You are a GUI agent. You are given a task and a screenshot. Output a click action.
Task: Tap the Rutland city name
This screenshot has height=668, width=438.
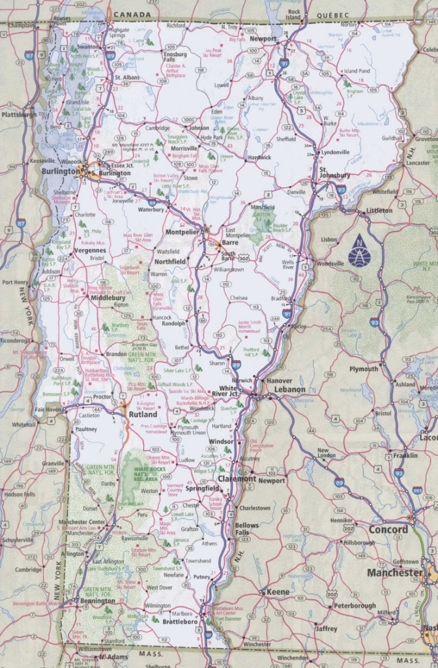click(143, 414)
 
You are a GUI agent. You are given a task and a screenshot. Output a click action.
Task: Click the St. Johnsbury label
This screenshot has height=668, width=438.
click(334, 175)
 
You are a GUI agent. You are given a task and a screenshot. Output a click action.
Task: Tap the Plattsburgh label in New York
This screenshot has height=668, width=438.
click(19, 114)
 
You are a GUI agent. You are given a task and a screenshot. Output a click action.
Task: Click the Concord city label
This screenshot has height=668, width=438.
click(388, 529)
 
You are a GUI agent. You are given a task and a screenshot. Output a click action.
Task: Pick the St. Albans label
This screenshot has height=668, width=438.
click(127, 78)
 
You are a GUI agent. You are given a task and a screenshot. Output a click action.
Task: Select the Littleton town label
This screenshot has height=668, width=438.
click(379, 211)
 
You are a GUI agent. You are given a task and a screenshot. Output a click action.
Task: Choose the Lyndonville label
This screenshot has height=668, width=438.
click(335, 152)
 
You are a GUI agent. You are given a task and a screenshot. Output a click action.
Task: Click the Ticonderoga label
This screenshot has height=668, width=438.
click(14, 340)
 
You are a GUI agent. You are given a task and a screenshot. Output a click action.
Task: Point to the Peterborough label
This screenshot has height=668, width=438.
click(355, 605)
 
